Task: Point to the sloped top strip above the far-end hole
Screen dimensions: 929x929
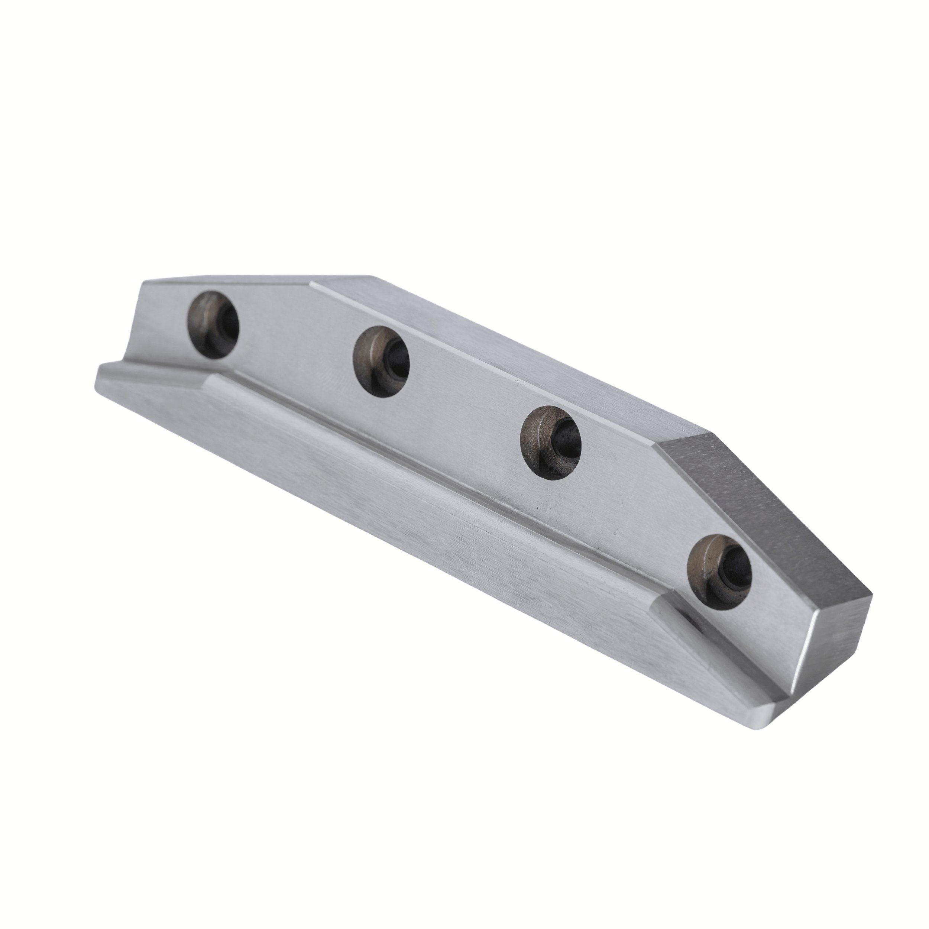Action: (226, 283)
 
